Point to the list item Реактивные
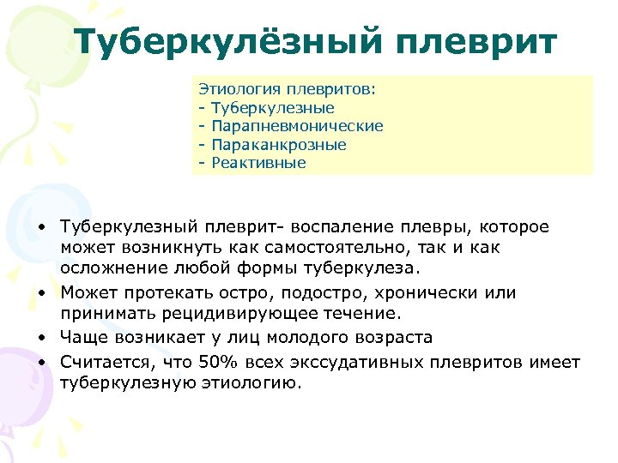pos(258,163)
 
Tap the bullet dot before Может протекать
pos(42,293)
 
